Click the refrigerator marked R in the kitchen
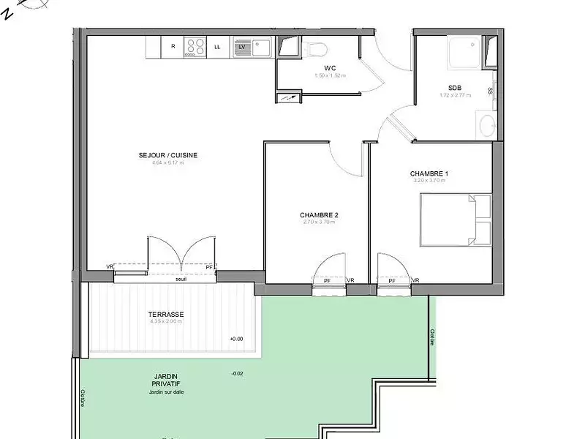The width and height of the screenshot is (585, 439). [173, 47]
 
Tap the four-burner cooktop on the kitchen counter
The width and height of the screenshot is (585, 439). [195, 47]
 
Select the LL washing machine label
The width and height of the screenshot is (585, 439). [217, 47]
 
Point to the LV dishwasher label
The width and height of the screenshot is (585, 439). [241, 47]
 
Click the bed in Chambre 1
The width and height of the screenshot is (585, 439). [455, 219]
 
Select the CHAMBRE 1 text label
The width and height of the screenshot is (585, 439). [429, 173]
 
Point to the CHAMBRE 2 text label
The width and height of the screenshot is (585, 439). [319, 215]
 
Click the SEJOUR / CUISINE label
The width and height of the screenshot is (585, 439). [168, 155]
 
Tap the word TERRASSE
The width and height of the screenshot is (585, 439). [166, 315]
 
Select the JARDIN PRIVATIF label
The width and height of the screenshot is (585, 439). [167, 380]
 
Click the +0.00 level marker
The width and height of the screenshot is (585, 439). [236, 339]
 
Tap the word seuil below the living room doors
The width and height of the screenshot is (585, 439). [181, 279]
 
